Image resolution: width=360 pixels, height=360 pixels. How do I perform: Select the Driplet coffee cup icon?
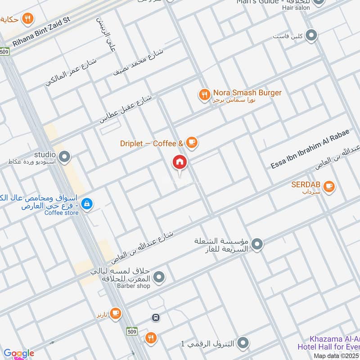[192, 143]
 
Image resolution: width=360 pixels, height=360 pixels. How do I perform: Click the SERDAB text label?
[305, 184]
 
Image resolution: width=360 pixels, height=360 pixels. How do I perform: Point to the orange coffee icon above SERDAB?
[329, 186]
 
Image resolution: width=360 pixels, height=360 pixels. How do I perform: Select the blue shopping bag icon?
[87, 205]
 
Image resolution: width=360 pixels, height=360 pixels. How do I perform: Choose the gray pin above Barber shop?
[158, 278]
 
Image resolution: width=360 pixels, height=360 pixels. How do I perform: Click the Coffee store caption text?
[61, 213]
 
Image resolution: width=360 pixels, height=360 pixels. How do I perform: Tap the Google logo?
[18, 353]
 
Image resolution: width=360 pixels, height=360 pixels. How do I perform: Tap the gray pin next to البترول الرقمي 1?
[243, 343]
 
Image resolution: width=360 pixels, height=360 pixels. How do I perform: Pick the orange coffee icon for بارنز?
[116, 313]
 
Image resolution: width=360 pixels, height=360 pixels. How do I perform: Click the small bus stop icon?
[156, 317]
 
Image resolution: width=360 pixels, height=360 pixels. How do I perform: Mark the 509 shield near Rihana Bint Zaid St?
[5, 51]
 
